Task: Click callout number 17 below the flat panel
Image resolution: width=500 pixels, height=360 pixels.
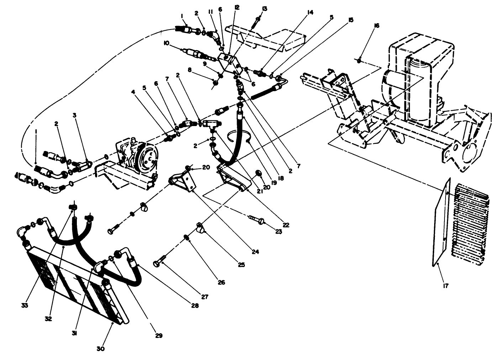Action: coord(446,285)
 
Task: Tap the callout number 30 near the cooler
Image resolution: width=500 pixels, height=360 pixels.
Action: coord(101,349)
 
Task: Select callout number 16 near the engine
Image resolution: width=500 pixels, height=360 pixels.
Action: coord(377,26)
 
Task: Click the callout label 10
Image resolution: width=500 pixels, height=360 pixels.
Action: coord(166,43)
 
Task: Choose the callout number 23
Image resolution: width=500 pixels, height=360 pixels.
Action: coord(278,231)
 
